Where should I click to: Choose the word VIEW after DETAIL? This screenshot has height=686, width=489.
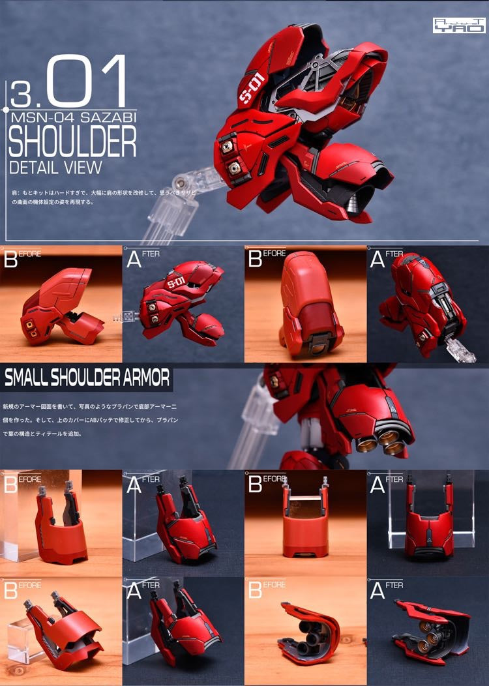[83, 167]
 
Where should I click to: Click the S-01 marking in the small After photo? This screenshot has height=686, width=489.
[176, 285]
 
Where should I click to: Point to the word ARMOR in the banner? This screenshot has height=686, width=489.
[146, 378]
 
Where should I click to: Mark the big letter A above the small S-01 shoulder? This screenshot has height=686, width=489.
[134, 260]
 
